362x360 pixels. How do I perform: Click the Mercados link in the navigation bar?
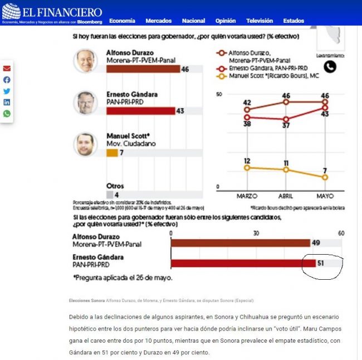click(158, 21)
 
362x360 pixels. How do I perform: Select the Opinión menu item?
click(226, 21)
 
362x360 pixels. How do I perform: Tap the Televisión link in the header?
click(260, 21)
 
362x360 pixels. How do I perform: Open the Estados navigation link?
click(293, 21)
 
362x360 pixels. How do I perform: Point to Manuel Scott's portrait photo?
click(85, 144)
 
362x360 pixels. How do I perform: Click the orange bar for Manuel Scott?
click(112, 153)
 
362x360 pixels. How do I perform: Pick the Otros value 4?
click(116, 194)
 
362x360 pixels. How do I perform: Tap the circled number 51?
click(321, 263)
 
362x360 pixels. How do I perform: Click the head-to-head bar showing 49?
click(240, 243)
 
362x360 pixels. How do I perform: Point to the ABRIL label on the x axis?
click(286, 196)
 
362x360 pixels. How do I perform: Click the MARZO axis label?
click(246, 196)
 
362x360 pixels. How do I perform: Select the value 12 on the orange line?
click(247, 160)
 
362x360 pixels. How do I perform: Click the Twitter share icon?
click(7, 91)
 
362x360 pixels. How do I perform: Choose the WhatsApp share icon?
click(7, 114)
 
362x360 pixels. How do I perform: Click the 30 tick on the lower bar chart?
click(257, 233)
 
